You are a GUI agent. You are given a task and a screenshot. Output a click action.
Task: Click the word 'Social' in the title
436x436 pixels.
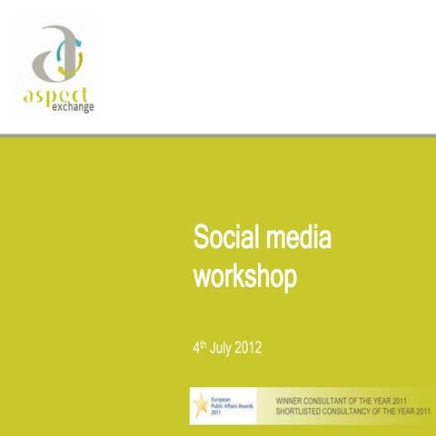[223, 240]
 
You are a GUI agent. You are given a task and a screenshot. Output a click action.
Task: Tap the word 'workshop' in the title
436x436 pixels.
[244, 276]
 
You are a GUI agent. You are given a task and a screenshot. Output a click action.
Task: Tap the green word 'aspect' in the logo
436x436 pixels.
[56, 95]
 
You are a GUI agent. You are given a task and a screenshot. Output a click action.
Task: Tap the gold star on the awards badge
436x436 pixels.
[201, 401]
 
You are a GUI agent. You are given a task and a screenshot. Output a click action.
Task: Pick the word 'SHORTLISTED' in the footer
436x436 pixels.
[305, 411]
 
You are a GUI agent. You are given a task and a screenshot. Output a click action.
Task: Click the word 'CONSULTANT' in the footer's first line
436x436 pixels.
[342, 399]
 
